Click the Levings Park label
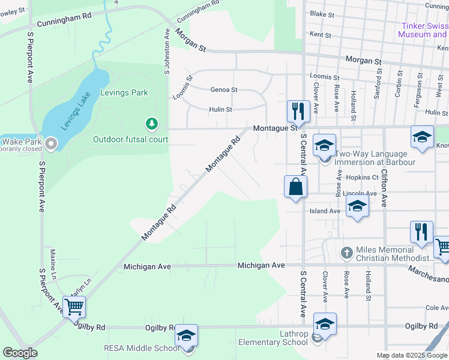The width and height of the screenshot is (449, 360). (124, 93)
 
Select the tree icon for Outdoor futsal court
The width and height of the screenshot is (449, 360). (152, 124)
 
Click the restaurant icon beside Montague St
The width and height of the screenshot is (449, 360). (297, 110)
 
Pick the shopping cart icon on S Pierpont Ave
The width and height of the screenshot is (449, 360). (74, 307)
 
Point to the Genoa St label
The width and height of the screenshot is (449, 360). (223, 90)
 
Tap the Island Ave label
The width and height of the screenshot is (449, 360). (325, 211)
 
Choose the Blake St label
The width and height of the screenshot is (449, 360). (321, 14)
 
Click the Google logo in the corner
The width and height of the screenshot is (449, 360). (20, 353)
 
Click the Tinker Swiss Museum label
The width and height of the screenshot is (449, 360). (423, 30)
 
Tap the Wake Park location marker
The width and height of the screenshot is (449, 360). (51, 143)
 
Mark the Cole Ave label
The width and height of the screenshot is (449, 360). (437, 308)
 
